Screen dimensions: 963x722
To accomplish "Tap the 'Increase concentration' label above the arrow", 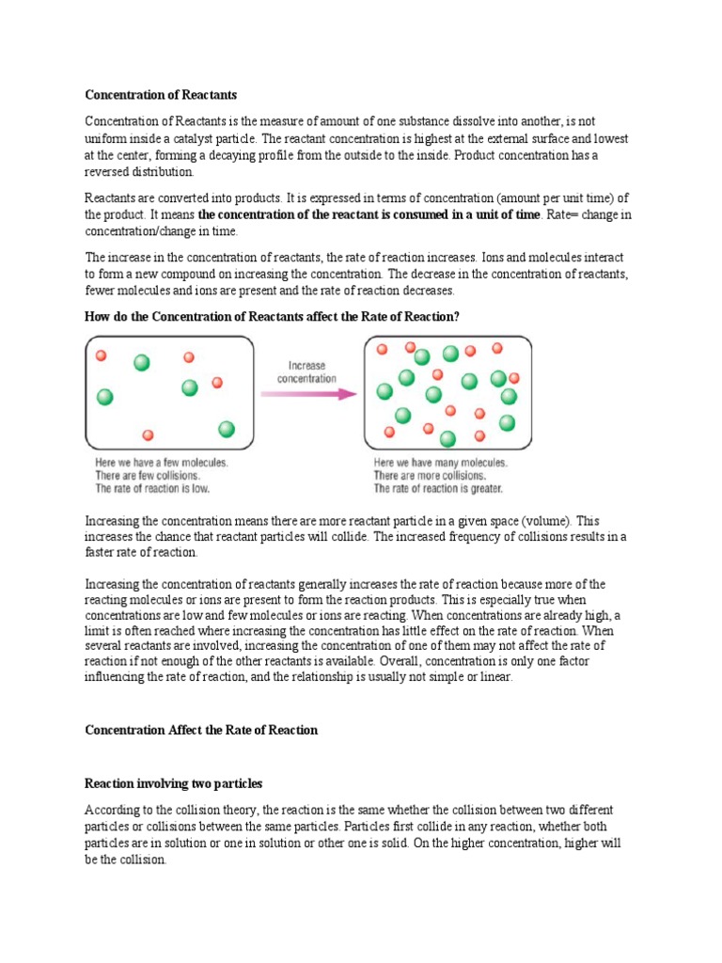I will coord(306,371).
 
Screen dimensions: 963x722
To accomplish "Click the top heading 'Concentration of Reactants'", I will coord(161,94).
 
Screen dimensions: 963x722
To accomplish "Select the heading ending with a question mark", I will coord(272,317).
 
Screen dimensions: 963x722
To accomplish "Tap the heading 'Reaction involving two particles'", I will coord(174,782).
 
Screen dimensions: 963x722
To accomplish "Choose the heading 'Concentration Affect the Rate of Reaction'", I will coord(201,730).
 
